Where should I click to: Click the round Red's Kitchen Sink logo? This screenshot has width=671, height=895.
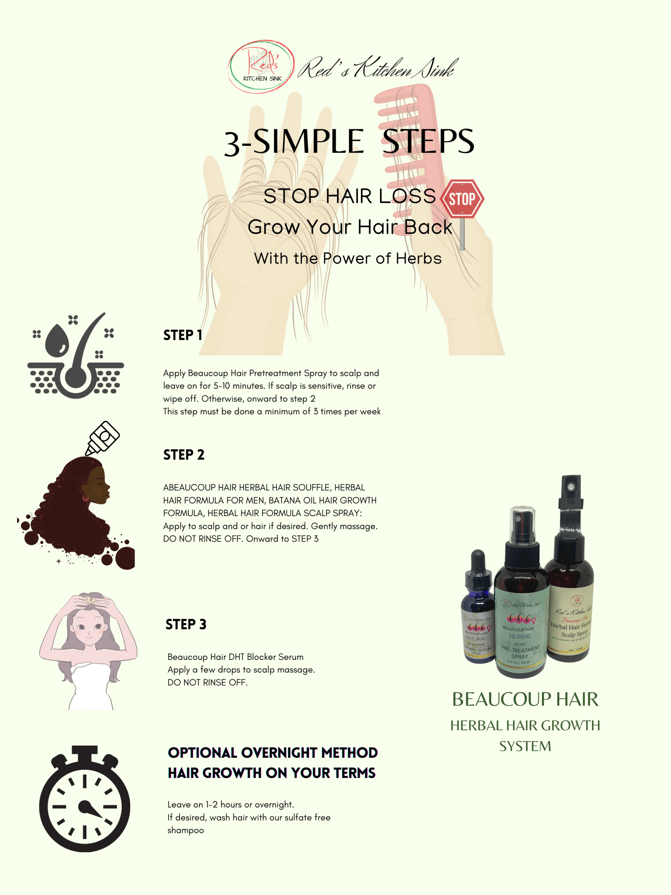click(x=261, y=66)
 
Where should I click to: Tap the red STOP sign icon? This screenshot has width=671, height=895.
click(x=462, y=199)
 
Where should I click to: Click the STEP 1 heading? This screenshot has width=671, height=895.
click(x=183, y=335)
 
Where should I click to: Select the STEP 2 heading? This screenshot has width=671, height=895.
click(x=184, y=455)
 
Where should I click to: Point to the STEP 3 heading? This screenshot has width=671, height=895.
click(x=186, y=624)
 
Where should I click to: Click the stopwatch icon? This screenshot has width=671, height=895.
click(x=85, y=800)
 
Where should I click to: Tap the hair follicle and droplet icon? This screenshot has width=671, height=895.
click(x=76, y=356)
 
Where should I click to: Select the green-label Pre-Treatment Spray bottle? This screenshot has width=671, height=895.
click(x=520, y=621)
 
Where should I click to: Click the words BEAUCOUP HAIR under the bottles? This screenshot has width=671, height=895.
click(x=525, y=699)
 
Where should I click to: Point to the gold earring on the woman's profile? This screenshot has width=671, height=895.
click(x=85, y=497)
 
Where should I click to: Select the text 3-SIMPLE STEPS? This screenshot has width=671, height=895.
click(x=349, y=142)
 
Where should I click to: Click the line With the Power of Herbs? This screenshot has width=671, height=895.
click(x=348, y=258)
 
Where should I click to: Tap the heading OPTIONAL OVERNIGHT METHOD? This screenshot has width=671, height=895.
click(x=273, y=753)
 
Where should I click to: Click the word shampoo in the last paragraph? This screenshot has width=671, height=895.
click(x=186, y=830)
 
